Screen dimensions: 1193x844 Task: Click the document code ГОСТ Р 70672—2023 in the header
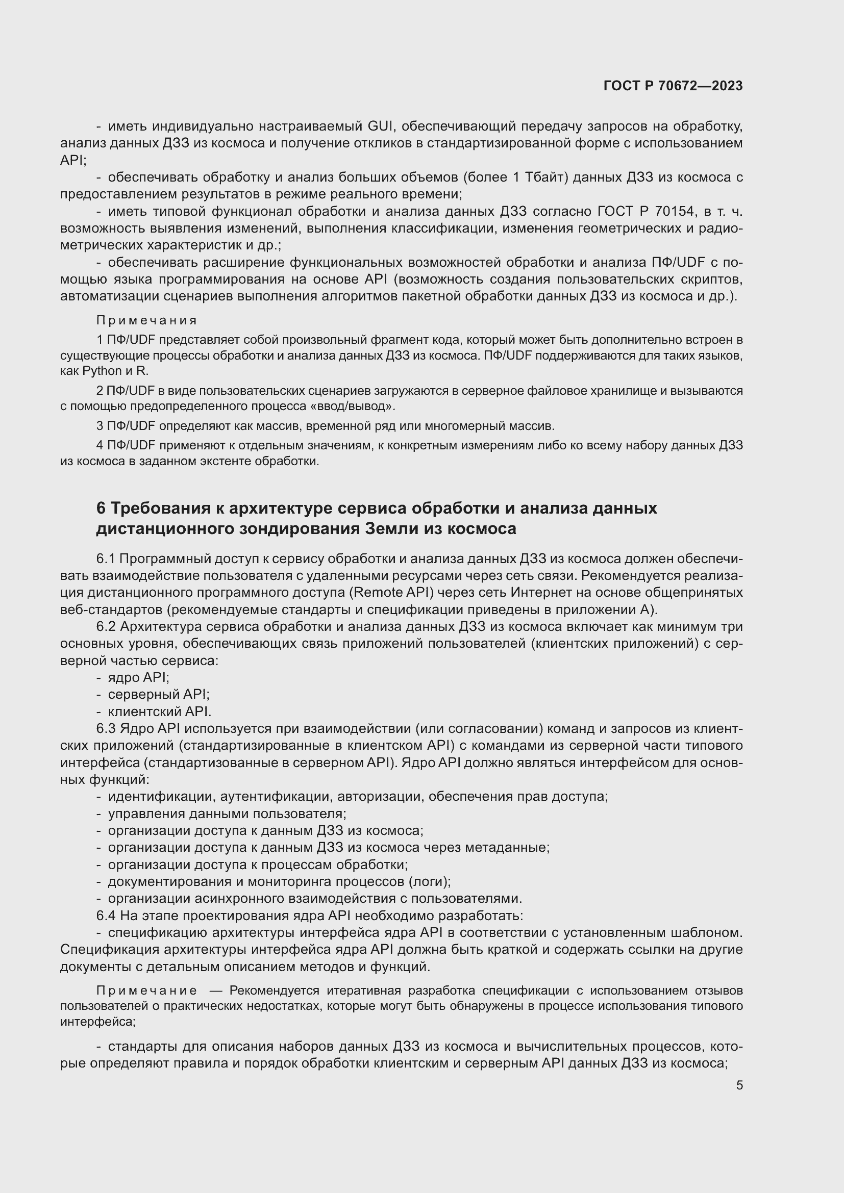point(673,86)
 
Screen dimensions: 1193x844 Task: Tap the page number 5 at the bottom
point(739,1085)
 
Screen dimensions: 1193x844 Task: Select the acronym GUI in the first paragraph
point(381,126)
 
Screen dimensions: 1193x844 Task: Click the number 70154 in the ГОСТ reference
point(674,212)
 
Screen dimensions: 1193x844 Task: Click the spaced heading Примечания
point(146,321)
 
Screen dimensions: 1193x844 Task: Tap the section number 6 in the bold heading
point(101,508)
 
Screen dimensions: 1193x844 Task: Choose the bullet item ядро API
point(138,677)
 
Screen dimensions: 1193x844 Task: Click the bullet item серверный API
point(159,695)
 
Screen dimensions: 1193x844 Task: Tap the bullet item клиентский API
point(160,712)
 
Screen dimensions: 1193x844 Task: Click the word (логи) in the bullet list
point(429,882)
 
